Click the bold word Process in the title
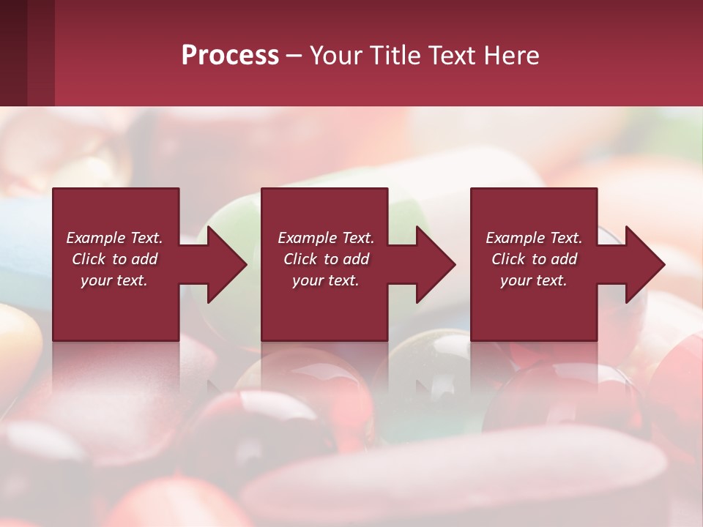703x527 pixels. [230, 56]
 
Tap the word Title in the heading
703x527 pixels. [394, 56]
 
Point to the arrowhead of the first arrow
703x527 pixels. [227, 264]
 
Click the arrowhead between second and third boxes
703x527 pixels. [436, 264]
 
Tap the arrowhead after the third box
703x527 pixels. [644, 264]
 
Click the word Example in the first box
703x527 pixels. [96, 238]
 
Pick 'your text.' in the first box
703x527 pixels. [114, 280]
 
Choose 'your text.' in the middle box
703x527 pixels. [326, 280]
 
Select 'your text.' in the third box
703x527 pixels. [534, 280]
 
